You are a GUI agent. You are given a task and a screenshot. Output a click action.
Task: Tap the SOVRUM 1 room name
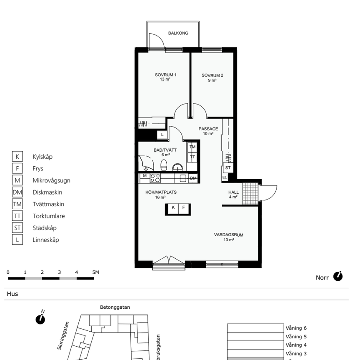165,75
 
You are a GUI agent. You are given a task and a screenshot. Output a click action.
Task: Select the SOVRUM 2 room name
212,75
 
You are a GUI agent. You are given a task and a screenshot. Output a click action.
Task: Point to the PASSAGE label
208,129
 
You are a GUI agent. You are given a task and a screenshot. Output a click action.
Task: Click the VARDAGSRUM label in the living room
228,235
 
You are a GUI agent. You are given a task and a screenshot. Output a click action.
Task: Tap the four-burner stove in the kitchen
155,178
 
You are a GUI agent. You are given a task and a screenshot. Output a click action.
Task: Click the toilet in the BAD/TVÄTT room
164,165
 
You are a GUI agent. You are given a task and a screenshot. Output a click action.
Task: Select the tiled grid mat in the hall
250,192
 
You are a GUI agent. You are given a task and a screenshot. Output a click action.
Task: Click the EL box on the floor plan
225,177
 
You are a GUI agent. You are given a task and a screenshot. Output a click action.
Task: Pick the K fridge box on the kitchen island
172,207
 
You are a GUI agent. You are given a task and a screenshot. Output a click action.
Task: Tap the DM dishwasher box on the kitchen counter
193,178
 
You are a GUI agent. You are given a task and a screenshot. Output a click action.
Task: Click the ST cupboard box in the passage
227,167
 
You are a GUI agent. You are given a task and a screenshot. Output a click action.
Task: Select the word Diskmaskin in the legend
47,192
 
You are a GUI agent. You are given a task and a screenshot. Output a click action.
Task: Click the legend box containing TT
17,216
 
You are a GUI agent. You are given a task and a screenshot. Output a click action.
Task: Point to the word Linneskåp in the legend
45,240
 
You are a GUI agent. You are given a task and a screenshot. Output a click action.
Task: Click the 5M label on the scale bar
95,272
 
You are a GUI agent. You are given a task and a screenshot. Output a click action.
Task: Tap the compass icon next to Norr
337,276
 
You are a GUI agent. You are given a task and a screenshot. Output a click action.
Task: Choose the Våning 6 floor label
296,328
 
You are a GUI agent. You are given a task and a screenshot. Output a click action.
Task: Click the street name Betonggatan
115,307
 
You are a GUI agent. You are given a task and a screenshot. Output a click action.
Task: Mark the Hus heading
12,294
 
